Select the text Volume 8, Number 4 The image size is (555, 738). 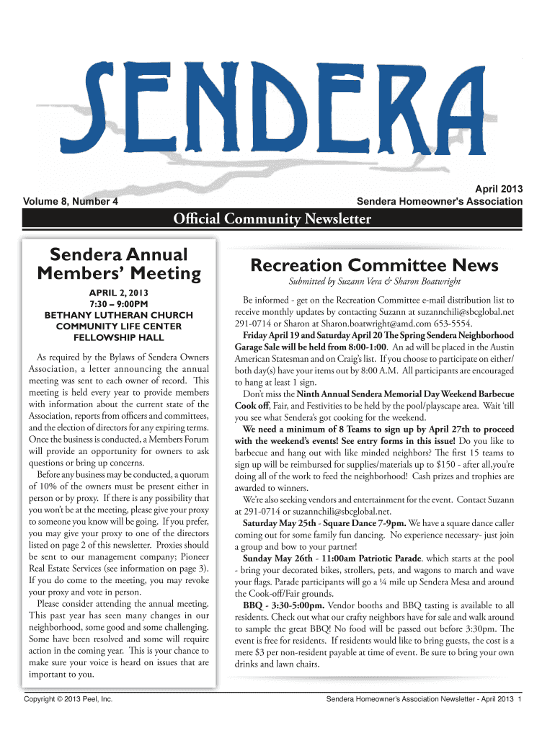coord(71,201)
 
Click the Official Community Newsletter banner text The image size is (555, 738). coord(277,218)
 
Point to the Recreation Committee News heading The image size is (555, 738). coord(374,265)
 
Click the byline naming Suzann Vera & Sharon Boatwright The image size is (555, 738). coord(374,281)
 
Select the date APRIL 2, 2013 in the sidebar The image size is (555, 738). coord(119,293)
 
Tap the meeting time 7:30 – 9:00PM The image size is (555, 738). coord(119,304)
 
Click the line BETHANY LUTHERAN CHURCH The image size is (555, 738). coord(119,315)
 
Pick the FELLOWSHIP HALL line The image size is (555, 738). coord(119,337)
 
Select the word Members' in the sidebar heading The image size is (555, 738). coord(92,274)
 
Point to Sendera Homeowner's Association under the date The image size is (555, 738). coord(440,201)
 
